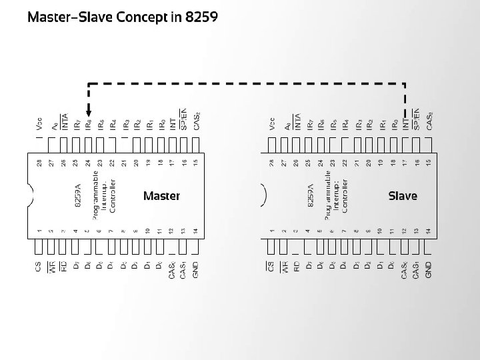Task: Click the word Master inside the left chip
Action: click(x=161, y=196)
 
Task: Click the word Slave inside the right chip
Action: click(x=402, y=196)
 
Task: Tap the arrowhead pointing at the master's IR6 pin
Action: click(x=89, y=114)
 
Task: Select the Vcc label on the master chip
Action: click(x=39, y=123)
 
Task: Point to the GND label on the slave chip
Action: click(x=429, y=269)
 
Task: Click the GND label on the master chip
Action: click(x=195, y=269)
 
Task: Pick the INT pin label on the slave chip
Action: click(x=405, y=123)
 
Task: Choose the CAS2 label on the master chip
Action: click(x=196, y=121)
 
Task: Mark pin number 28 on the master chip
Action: click(x=39, y=163)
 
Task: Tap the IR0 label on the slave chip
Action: click(x=393, y=123)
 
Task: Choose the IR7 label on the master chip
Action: click(x=77, y=123)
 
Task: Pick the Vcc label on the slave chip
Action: click(x=272, y=123)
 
